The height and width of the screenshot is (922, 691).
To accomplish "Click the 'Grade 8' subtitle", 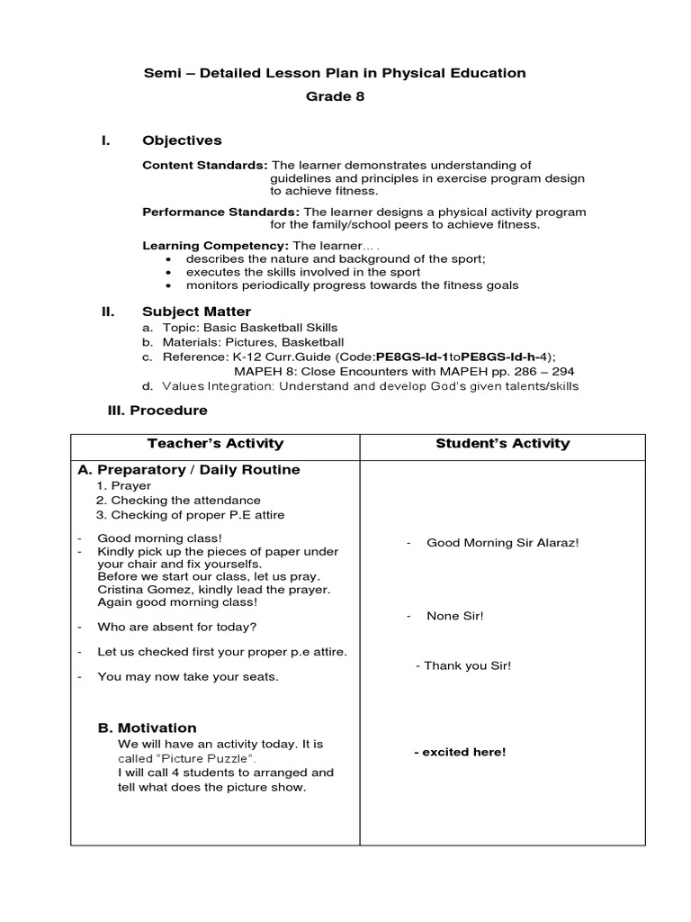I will coord(335,97).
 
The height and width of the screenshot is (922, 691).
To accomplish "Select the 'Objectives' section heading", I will coord(182,140).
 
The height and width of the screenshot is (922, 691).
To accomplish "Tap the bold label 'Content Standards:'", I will coord(205,165).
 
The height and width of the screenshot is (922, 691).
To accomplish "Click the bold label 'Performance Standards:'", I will coord(221,212).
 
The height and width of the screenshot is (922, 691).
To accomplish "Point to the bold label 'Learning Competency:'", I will coord(215,246).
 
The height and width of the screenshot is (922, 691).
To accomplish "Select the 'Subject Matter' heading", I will coord(196,312).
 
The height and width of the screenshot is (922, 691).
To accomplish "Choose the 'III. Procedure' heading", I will coord(157,411).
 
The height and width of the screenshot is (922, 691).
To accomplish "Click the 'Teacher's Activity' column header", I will coord(215,443).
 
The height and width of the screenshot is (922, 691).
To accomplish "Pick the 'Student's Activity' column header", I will coord(502,443).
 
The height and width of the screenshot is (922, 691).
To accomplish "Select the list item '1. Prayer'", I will coord(124,485).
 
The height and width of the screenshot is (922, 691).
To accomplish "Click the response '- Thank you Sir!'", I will coord(463,665).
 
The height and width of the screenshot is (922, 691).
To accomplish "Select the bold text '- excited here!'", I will coord(460,752).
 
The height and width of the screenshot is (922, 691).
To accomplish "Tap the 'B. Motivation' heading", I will coord(147,728).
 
